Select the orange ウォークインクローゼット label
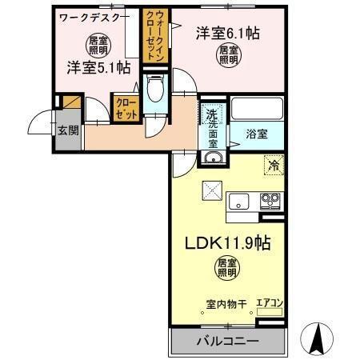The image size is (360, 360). (153, 35)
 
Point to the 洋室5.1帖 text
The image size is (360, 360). (98, 68)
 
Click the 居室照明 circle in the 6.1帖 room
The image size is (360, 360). (228, 54)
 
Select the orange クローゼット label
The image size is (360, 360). (125, 107)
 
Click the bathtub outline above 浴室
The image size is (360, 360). (256, 107)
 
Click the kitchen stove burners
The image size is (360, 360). (270, 200)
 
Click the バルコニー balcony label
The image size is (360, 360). (227, 342)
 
